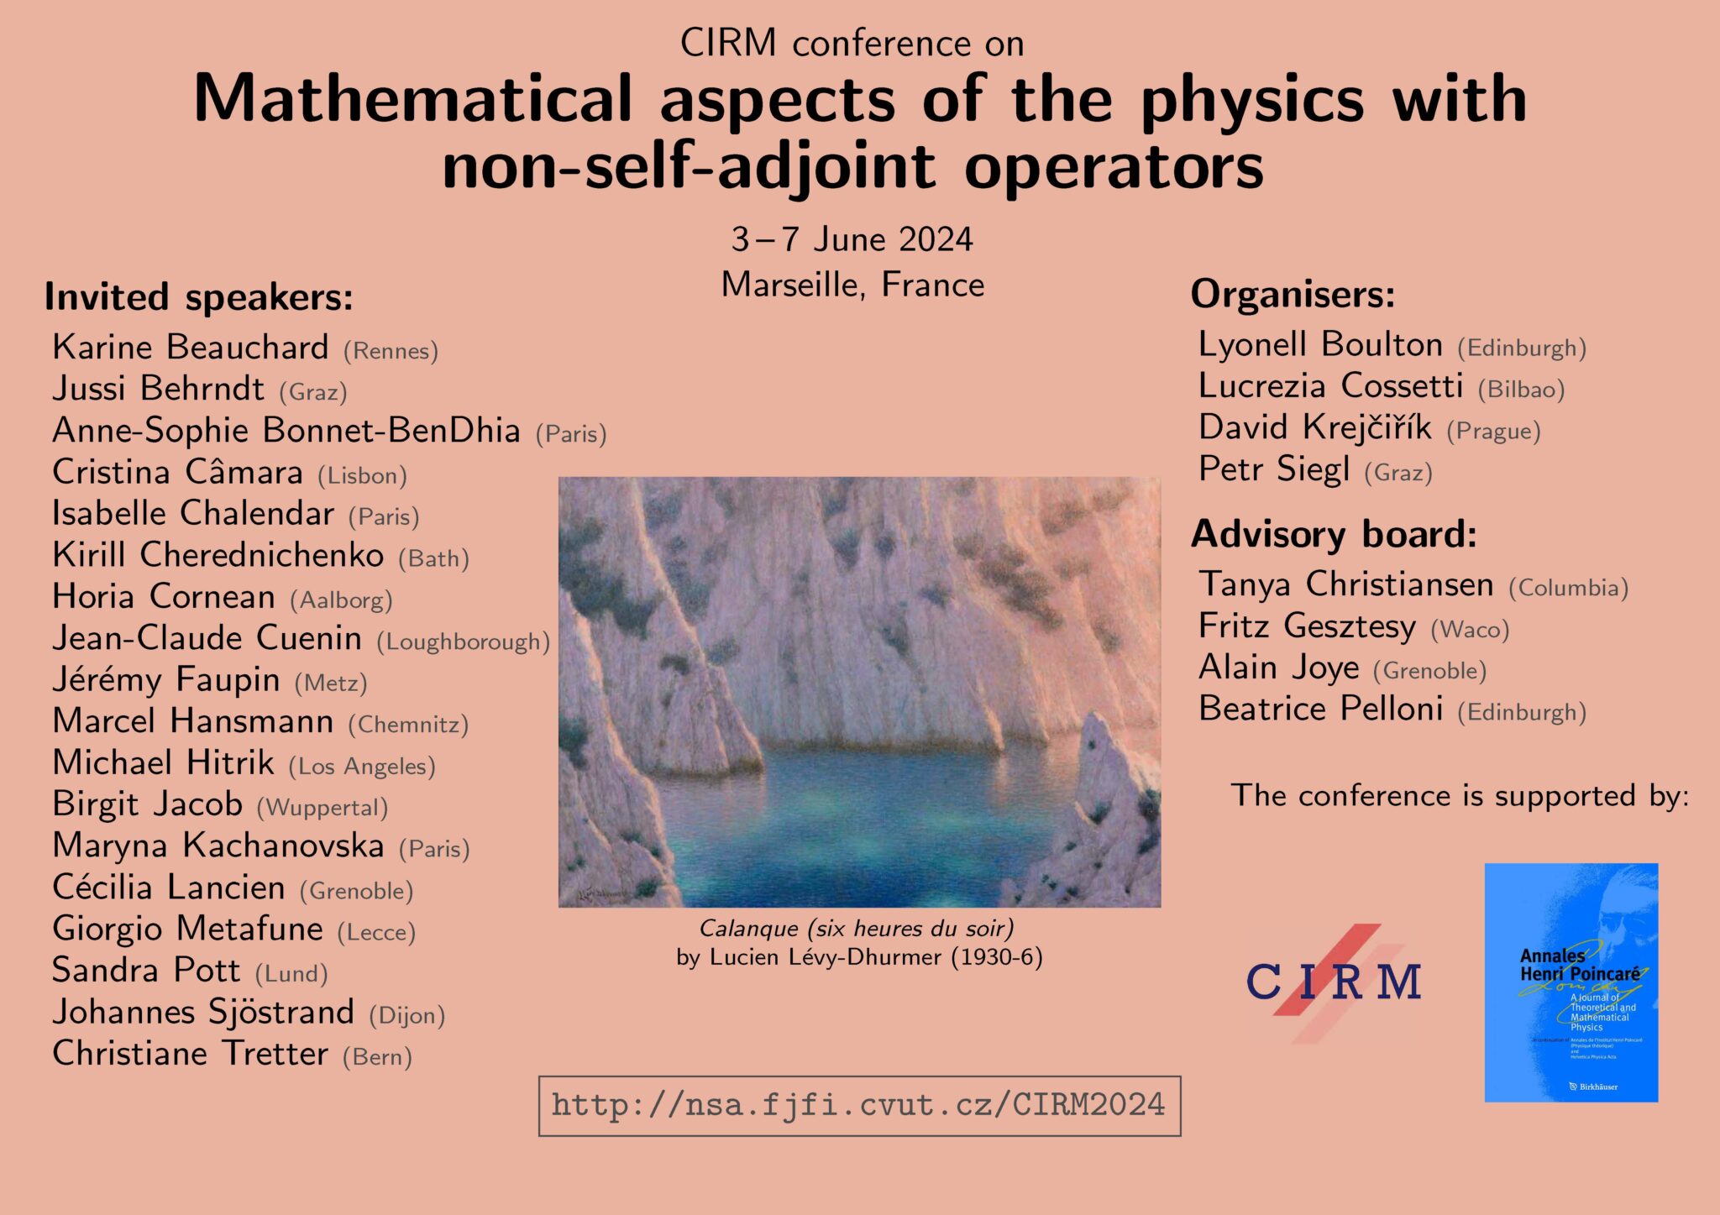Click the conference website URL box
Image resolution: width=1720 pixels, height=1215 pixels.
(858, 1105)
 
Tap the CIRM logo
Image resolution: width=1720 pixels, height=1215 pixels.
(1333, 982)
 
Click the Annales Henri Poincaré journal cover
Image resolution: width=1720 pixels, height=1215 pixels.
(1571, 982)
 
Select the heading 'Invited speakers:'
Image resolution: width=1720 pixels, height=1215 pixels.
(198, 297)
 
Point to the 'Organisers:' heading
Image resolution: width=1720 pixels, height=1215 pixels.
(1293, 295)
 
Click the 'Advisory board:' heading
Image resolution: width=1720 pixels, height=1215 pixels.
(1334, 534)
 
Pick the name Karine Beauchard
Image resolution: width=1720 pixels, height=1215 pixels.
(190, 348)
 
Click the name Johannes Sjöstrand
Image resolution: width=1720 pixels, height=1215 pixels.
(202, 1012)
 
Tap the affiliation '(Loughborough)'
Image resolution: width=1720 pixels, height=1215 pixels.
(463, 642)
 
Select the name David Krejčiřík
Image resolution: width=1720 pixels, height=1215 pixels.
(1314, 428)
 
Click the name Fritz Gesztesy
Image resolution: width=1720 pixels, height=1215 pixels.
(1307, 626)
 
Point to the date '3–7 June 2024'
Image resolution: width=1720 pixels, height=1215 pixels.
(852, 239)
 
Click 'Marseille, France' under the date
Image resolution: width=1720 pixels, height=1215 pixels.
(852, 285)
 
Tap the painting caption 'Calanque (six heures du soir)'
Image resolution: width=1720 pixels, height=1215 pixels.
(857, 929)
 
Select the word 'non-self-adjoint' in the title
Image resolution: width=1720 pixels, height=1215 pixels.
(689, 166)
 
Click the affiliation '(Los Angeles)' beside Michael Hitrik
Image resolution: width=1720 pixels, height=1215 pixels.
(361, 767)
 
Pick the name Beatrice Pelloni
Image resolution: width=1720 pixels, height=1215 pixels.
(1320, 710)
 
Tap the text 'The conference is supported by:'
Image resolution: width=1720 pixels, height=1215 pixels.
(1460, 796)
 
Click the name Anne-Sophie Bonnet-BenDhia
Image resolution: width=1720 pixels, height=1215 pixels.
(286, 431)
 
